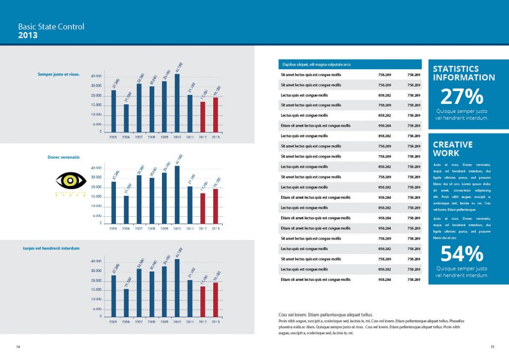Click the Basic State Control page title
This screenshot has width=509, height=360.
[51, 27]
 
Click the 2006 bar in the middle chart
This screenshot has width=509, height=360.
[126, 209]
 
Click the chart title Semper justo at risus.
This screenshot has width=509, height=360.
[59, 74]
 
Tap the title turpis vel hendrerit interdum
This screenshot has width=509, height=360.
[51, 248]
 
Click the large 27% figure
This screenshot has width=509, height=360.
[462, 96]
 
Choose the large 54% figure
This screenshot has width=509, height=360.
[462, 254]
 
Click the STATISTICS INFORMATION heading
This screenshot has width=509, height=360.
[464, 73]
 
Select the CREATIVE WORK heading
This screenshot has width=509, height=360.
[453, 149]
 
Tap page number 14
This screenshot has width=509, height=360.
[18, 346]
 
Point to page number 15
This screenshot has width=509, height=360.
[492, 347]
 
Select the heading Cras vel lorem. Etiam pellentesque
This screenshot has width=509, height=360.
[326, 315]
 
